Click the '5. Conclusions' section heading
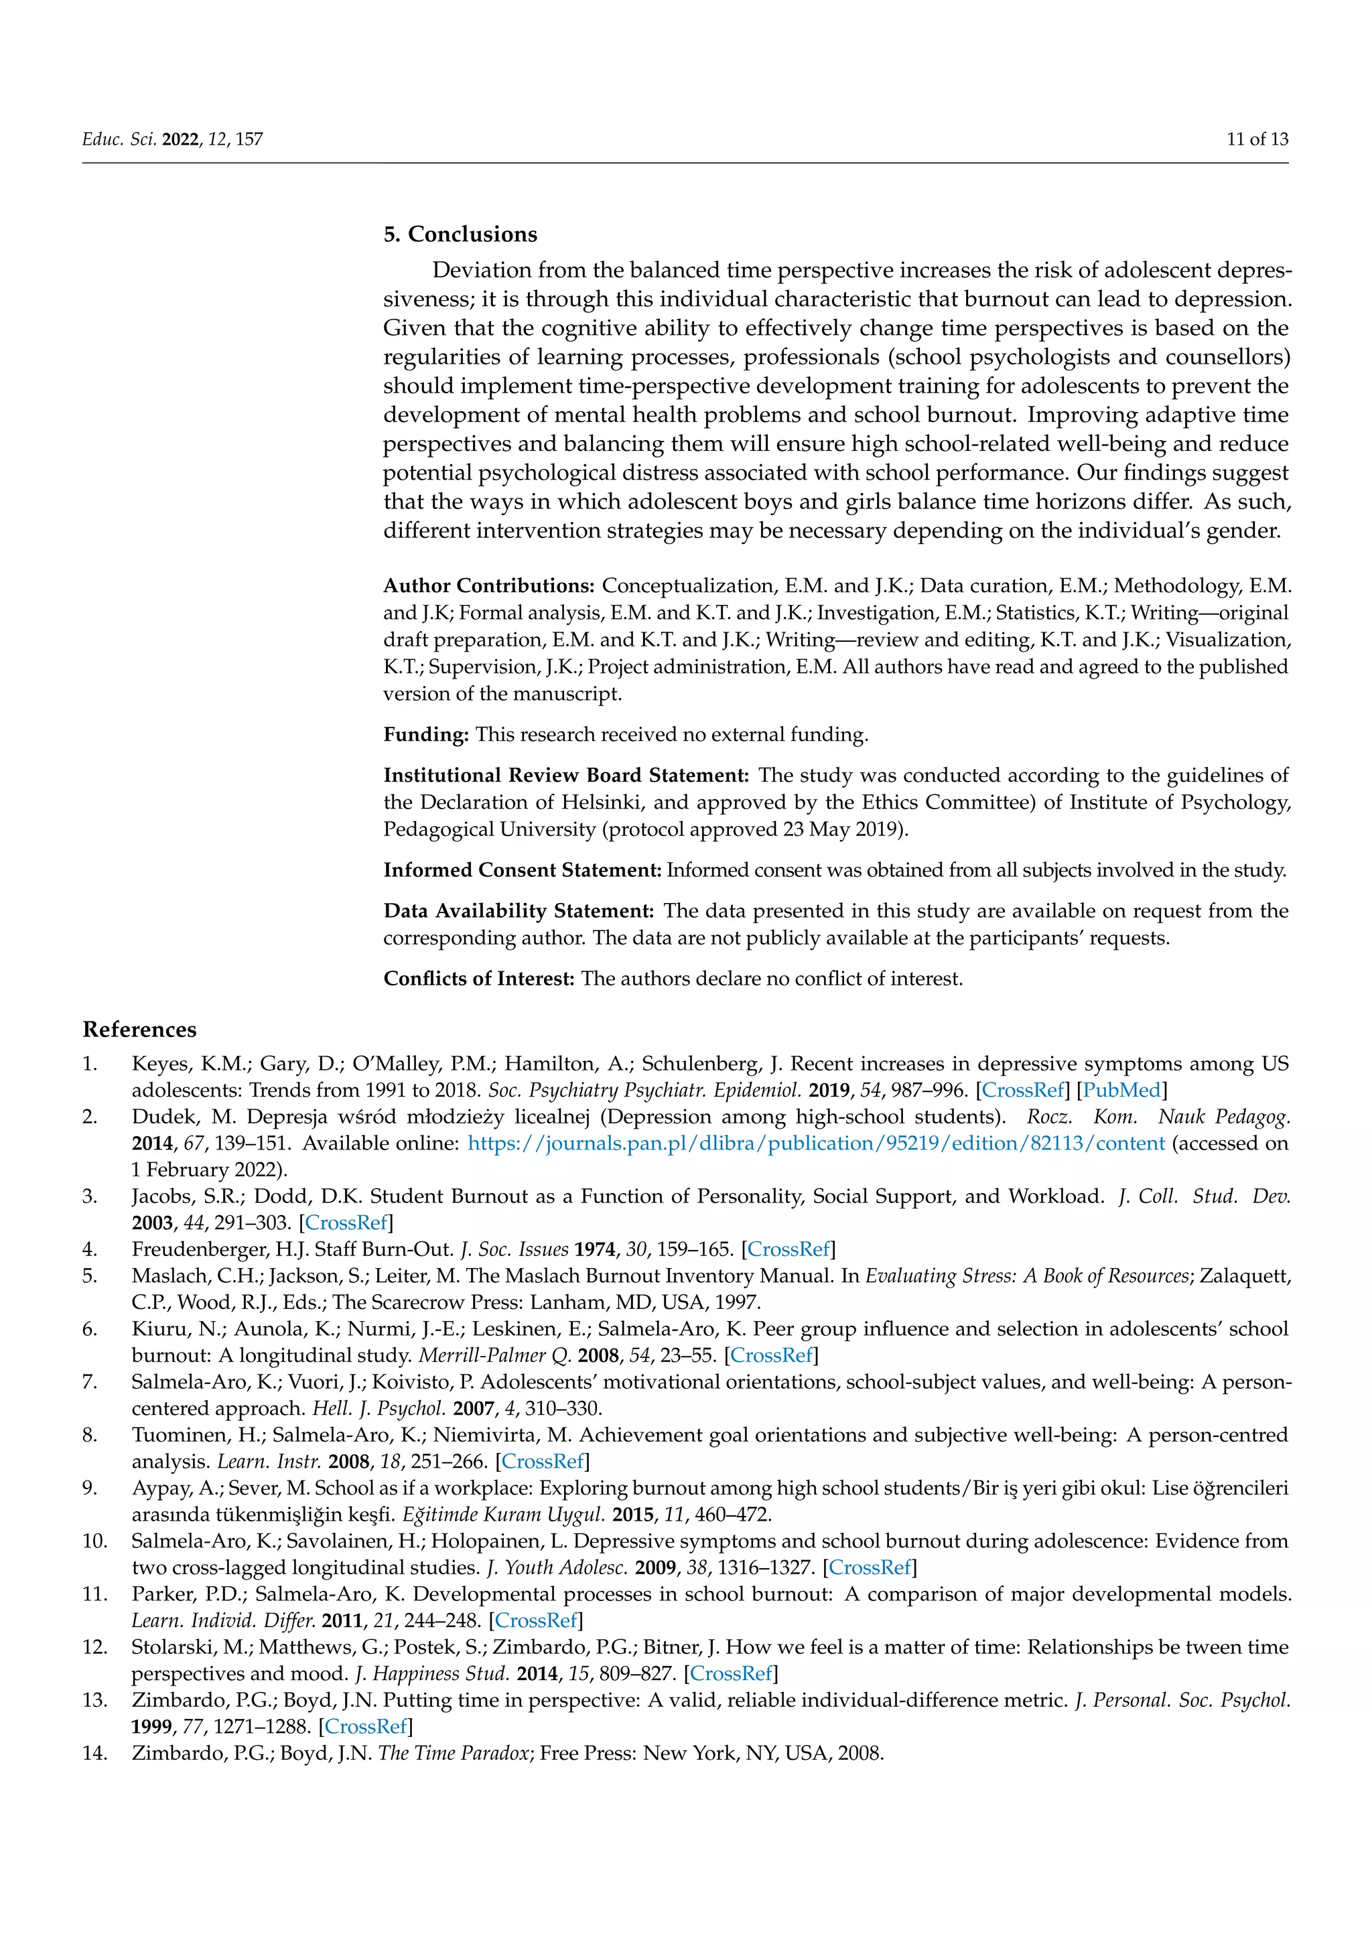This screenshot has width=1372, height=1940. (x=460, y=234)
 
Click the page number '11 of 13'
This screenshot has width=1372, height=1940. (x=1257, y=139)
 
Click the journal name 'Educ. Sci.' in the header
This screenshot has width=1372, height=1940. (x=119, y=139)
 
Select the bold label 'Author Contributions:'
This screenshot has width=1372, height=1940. (x=489, y=585)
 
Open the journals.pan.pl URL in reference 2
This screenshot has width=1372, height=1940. (x=816, y=1144)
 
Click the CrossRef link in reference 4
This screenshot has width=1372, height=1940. (x=789, y=1249)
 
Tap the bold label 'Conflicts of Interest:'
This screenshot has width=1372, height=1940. (x=479, y=979)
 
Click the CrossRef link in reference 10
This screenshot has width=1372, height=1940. (x=871, y=1568)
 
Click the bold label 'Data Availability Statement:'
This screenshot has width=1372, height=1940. (x=519, y=911)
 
